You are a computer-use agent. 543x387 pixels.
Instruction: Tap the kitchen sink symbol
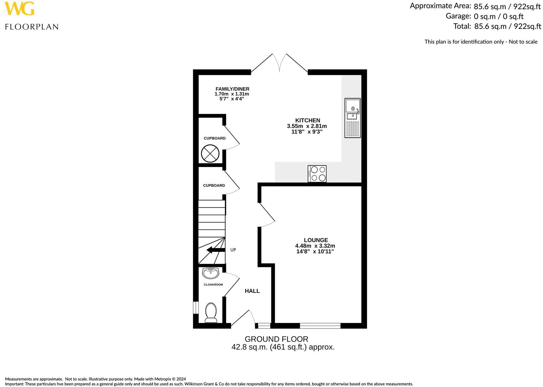[x=352, y=118]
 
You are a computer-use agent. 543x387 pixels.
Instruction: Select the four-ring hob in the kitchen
[x=317, y=174]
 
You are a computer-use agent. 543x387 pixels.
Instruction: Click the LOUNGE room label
[x=315, y=240]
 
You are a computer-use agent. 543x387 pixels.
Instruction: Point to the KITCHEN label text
[x=307, y=120]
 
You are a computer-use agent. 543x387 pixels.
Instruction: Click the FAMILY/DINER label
[x=232, y=89]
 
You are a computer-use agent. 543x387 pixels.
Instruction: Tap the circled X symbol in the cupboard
[x=210, y=153]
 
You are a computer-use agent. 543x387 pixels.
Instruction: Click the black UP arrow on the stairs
[x=216, y=250]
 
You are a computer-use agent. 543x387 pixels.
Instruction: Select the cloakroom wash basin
[x=210, y=273]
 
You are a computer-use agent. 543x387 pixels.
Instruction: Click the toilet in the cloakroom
[x=211, y=313]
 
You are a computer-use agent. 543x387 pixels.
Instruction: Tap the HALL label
[x=252, y=291]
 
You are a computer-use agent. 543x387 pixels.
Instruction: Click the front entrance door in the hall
[x=243, y=319]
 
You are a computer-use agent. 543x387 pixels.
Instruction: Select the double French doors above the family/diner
[x=279, y=63]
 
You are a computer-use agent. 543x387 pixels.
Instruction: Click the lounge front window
[x=320, y=326]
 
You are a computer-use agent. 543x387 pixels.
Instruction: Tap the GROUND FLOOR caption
[x=276, y=339]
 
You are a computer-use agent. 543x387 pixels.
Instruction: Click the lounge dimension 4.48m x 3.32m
[x=315, y=246]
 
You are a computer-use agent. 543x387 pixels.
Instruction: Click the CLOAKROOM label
[x=213, y=285]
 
